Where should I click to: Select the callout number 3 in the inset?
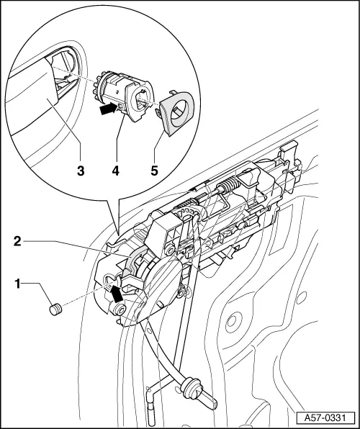coord(81,171)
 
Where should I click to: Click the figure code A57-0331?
coord(328,415)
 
